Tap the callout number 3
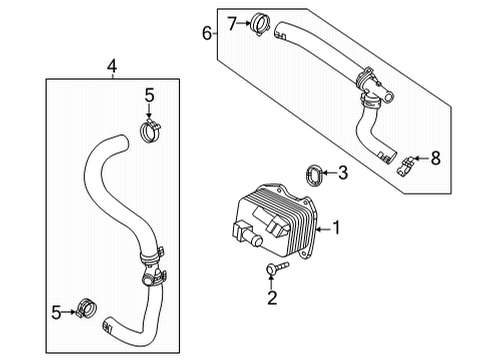click(342, 173)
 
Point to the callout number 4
click(111, 66)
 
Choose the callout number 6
click(207, 33)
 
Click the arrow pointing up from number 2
click(269, 280)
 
